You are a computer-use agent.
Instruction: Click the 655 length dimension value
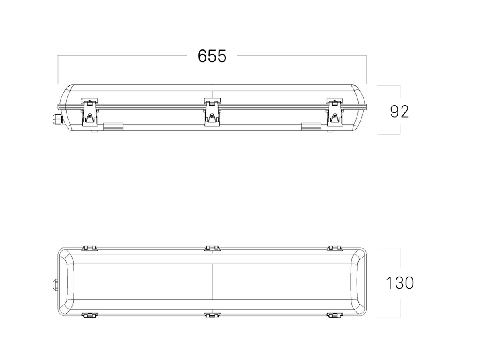(212, 56)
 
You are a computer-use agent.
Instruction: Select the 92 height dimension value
(399, 112)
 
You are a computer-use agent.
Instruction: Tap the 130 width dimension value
(399, 283)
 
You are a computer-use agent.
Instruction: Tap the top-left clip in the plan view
(90, 248)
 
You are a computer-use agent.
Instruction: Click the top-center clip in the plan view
(212, 248)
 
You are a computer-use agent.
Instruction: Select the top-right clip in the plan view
(334, 248)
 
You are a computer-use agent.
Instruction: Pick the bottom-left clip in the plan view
(90, 315)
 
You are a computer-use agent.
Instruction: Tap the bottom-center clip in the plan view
(212, 315)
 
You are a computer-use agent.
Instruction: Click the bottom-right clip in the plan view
(334, 315)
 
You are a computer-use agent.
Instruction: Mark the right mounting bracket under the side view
(311, 127)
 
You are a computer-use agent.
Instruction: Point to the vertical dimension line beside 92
(400, 92)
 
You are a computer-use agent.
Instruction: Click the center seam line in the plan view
(212, 283)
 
